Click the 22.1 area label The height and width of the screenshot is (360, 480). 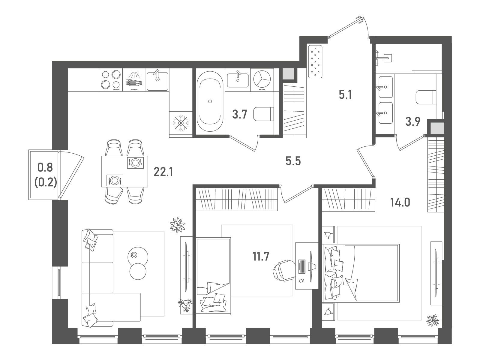(163, 172)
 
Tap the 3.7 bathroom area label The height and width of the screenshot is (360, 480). (240, 114)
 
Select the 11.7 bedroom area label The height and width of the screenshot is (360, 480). (261, 256)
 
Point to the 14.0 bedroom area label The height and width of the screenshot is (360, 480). (400, 202)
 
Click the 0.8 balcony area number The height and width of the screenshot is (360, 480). (45, 167)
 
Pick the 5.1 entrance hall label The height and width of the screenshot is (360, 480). (345, 95)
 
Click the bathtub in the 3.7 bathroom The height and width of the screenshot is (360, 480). (210, 101)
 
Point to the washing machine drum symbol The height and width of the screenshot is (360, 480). (262, 80)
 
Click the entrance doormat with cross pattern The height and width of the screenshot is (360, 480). (315, 61)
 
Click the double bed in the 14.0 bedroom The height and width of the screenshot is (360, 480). (361, 273)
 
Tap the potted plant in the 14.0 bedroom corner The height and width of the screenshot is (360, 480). (433, 321)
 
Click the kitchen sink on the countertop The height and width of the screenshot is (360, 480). (157, 80)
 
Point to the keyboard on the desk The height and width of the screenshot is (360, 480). (302, 266)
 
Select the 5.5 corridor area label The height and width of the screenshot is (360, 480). (293, 161)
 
